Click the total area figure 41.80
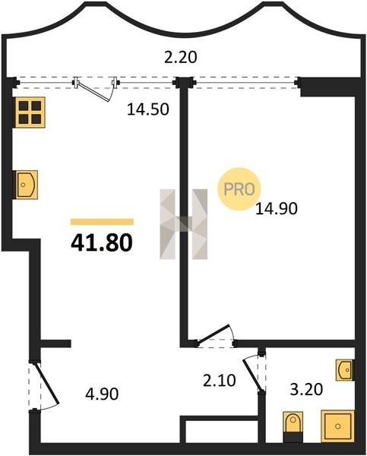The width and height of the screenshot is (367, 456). [102, 243]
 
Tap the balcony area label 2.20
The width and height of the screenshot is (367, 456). [181, 57]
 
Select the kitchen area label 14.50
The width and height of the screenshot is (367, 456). [148, 109]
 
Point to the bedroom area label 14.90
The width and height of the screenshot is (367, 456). [277, 208]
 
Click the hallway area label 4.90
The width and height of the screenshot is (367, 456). [102, 394]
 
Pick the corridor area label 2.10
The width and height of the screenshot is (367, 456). [220, 381]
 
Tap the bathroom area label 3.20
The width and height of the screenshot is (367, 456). [306, 389]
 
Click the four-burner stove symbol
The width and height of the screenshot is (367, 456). [30, 112]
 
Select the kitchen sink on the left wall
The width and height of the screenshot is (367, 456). [27, 185]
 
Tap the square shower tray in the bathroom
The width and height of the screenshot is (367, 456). [337, 426]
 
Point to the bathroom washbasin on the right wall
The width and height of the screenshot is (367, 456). [345, 370]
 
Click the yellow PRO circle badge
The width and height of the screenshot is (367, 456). [239, 189]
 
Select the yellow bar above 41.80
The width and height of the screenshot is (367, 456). [102, 222]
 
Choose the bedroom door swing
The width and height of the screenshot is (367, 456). [216, 334]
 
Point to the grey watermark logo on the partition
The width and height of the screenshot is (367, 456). [184, 224]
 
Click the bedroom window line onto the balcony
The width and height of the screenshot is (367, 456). [245, 83]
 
